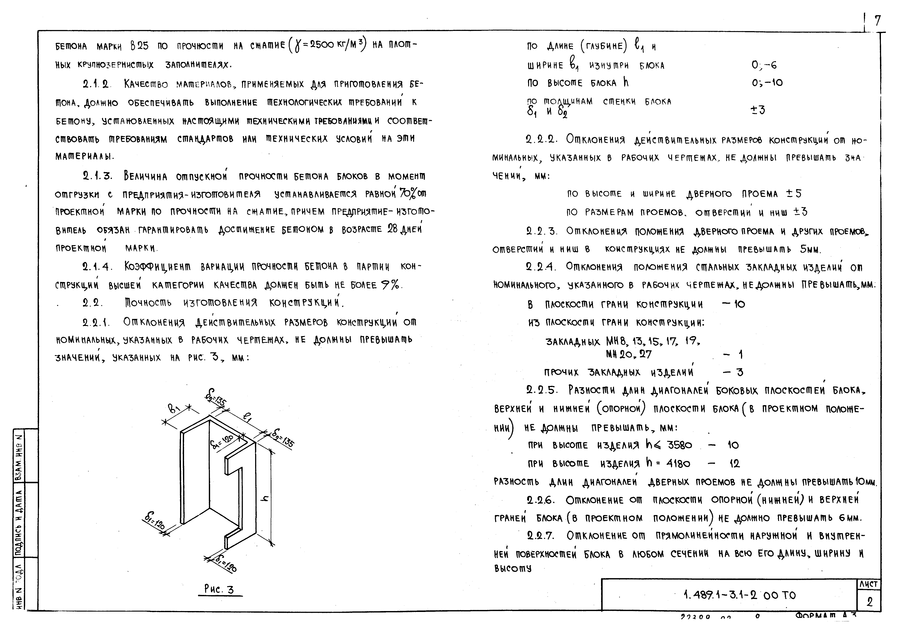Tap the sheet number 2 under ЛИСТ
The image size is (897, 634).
(869, 602)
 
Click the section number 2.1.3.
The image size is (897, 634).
(97, 176)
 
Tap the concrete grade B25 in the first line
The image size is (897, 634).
(139, 46)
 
